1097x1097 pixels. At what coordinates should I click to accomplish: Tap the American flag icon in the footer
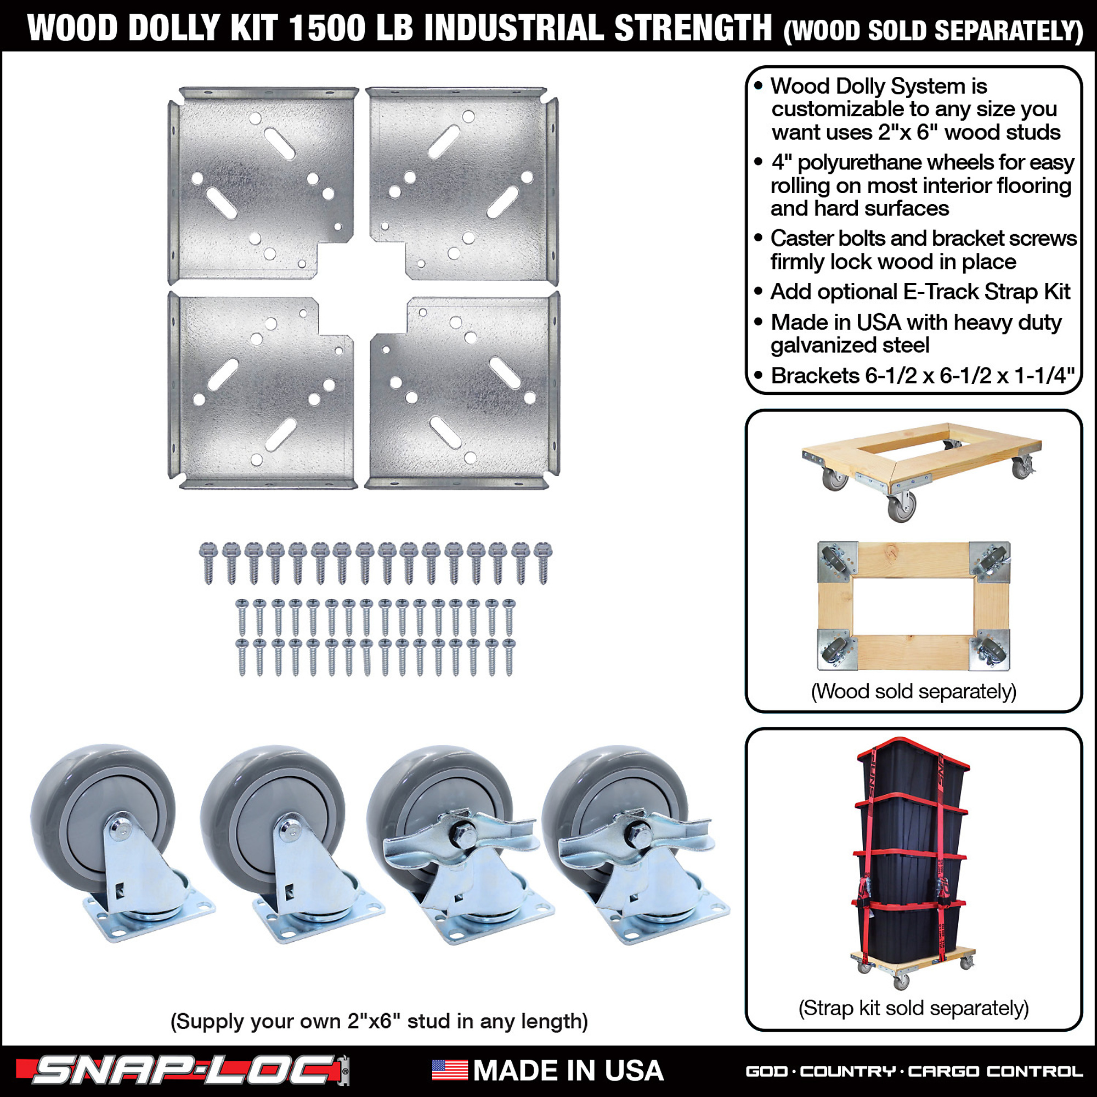click(x=450, y=1070)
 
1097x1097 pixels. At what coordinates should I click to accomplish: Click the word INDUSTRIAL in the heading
click(x=514, y=27)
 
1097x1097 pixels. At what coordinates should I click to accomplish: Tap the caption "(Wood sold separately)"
click(x=914, y=691)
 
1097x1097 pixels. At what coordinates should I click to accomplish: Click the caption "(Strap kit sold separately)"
click(x=914, y=1008)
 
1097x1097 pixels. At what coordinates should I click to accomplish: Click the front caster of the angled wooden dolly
click(x=902, y=504)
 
